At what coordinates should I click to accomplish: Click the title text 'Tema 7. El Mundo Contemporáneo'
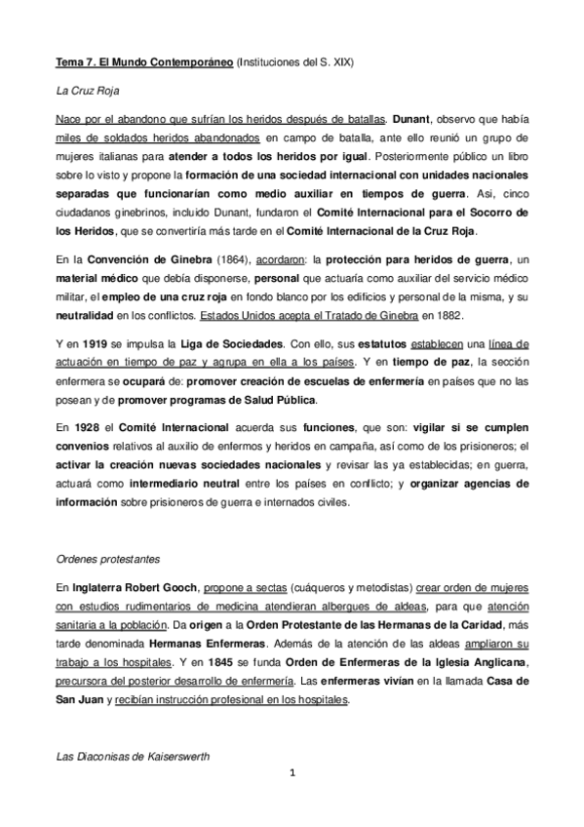pos(143,61)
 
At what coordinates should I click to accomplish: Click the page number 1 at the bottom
pos(292,775)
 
